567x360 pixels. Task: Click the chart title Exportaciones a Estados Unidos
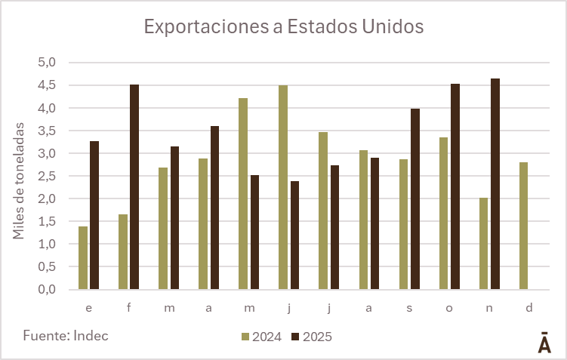tap(283, 27)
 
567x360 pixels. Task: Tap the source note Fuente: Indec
tap(66, 335)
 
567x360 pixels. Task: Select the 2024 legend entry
tap(261, 337)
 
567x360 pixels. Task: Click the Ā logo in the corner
tap(544, 342)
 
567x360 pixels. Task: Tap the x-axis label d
tap(530, 309)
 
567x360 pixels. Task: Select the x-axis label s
tap(410, 309)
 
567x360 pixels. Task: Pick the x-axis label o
tap(450, 309)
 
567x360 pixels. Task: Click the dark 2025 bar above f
tap(134, 187)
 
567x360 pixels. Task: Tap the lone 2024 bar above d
tap(524, 226)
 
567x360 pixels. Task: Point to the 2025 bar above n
tap(495, 184)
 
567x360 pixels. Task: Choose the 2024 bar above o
tap(444, 214)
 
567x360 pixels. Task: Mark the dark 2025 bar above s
tap(415, 199)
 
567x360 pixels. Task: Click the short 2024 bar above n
tap(484, 244)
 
